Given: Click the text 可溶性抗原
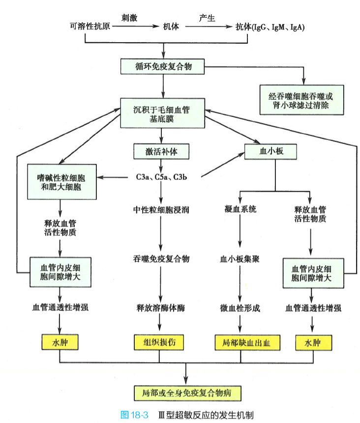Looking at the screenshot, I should coord(90,27).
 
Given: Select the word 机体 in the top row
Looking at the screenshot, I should coord(170,27).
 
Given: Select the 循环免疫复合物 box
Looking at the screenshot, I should coord(162,66).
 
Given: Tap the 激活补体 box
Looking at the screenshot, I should coord(162,152).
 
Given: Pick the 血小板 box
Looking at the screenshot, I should coord(271,152).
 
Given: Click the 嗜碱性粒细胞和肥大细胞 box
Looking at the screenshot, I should coord(62,181).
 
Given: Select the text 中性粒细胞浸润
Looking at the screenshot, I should coord(161,210).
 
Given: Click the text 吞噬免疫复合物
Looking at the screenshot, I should coord(161,258).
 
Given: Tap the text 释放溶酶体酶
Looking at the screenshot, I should coord(161,308).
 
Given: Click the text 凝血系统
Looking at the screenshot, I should coord(240,210).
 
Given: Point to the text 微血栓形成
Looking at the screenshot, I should coord(240,308).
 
